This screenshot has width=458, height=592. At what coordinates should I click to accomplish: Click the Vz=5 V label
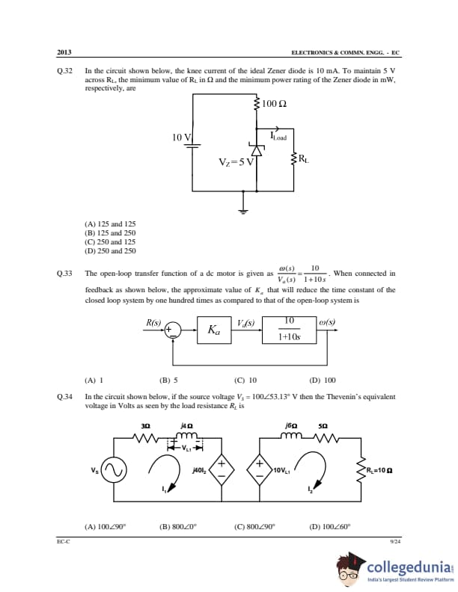pos(236,162)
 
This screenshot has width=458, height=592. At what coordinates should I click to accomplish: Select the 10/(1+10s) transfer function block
pos(288,329)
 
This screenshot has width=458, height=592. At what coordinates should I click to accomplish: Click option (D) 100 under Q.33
pos(323,379)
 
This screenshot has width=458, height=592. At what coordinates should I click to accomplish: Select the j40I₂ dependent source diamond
pos(222,470)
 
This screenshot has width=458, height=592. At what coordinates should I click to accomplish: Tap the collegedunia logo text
pos(409,567)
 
